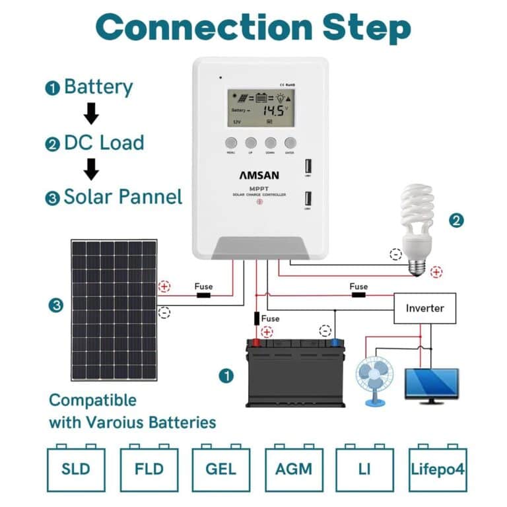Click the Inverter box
[x=424, y=308]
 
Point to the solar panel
[x=114, y=310]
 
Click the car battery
[x=296, y=373]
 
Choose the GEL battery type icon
[x=220, y=469]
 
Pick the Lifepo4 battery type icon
[x=437, y=469]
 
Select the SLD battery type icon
[x=76, y=469]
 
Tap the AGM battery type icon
[x=293, y=469]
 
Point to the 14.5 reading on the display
[x=273, y=110]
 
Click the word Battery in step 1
[x=98, y=87]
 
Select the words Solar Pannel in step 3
[x=122, y=196]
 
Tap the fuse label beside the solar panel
[x=203, y=287]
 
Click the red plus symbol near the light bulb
[x=436, y=271]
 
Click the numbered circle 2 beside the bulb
[x=456, y=220]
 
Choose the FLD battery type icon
[x=149, y=469]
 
